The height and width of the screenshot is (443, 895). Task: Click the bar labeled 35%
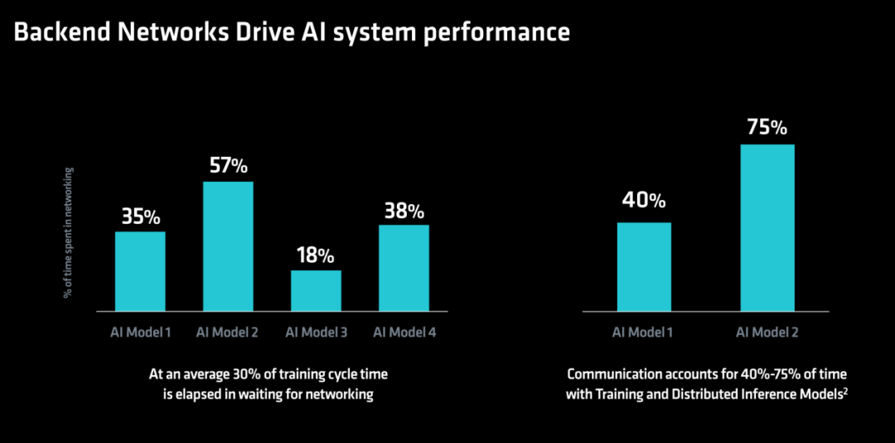(x=140, y=271)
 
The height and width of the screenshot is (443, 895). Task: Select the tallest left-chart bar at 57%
(x=229, y=246)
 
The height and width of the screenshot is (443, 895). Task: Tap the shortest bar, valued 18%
(x=317, y=291)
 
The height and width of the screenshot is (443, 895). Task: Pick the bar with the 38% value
(x=404, y=268)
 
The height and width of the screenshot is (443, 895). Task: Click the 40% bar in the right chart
(x=644, y=267)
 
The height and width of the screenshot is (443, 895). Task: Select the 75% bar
(x=767, y=228)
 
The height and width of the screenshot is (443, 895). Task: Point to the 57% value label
(x=229, y=166)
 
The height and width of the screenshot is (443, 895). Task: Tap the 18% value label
(x=316, y=256)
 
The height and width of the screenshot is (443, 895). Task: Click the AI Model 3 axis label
(x=317, y=332)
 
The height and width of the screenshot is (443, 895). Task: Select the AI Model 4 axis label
(x=404, y=332)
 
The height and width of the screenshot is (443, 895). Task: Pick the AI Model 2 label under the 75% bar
(x=767, y=332)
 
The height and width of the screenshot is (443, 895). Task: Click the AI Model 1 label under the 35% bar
(x=140, y=332)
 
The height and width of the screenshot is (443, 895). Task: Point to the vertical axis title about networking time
(x=68, y=232)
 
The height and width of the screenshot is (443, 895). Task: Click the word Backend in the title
(x=62, y=32)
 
